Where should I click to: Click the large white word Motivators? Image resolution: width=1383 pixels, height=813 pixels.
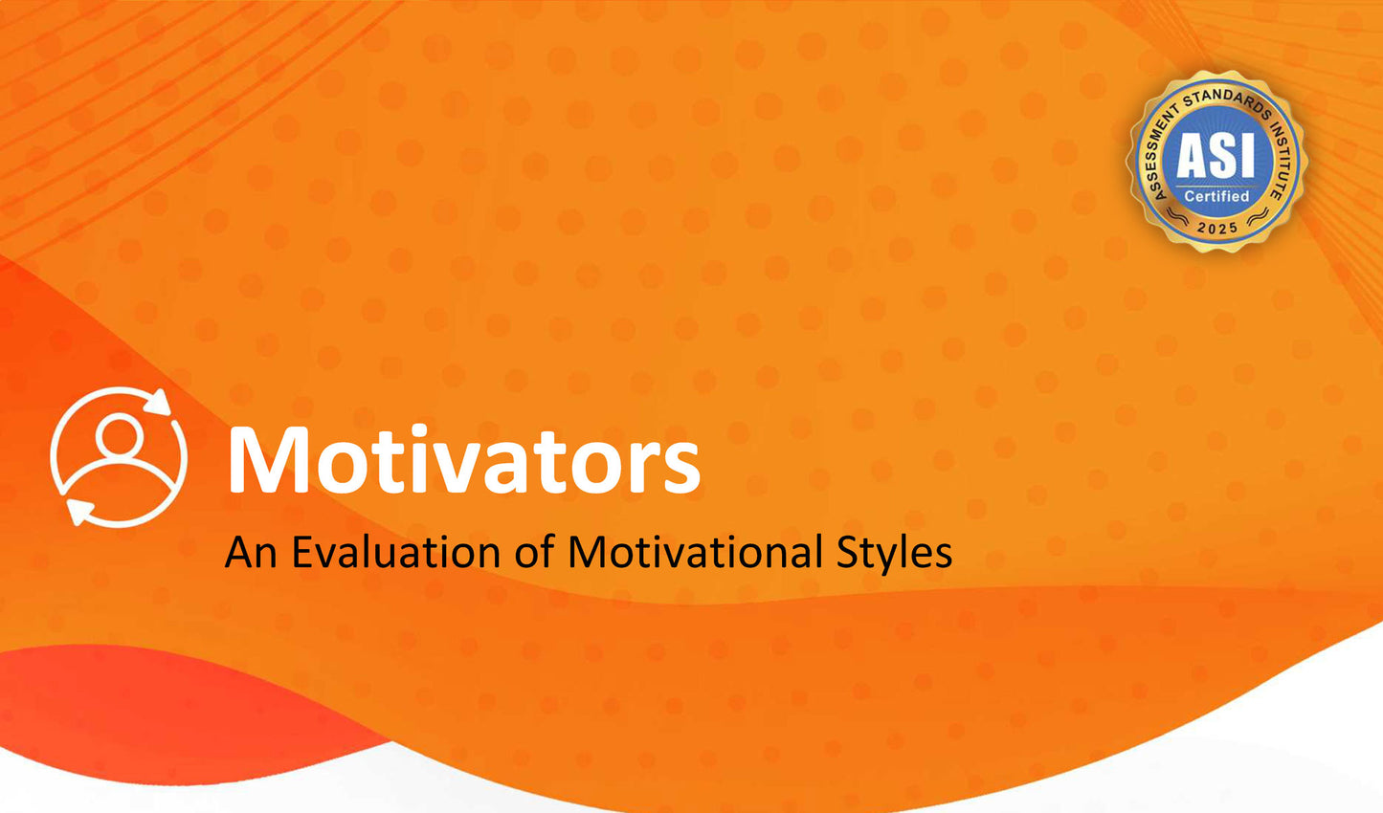pos(464,459)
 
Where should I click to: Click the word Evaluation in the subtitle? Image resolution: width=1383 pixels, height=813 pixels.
pos(396,552)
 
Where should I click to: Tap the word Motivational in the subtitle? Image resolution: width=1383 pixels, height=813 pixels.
pos(695,552)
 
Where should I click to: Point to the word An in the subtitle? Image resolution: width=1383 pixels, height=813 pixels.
pos(251,552)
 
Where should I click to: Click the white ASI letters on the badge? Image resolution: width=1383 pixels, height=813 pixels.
pos(1216,156)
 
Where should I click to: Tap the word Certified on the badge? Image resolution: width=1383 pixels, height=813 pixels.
pos(1216,196)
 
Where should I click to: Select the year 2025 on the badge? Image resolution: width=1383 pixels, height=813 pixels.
pos(1216,228)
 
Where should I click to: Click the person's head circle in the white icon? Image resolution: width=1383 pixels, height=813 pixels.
pos(120,434)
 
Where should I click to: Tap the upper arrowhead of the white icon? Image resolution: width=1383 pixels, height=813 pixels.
pos(159,402)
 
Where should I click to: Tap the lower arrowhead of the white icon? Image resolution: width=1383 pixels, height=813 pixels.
pos(79,512)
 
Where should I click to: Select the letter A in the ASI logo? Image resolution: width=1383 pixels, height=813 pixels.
pos(1193,156)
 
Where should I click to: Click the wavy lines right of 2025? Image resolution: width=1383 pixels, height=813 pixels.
pos(1257,216)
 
